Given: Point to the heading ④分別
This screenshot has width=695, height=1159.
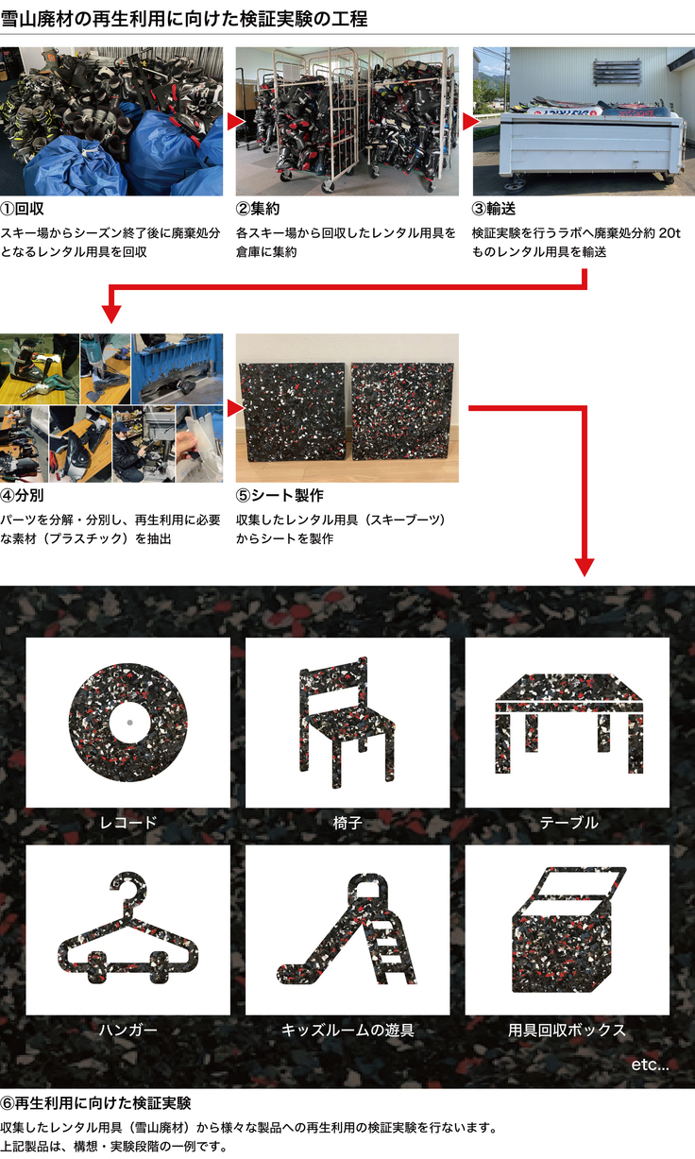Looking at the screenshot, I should coord(24,495).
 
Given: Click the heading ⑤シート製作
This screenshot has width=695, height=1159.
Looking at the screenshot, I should coord(280,495).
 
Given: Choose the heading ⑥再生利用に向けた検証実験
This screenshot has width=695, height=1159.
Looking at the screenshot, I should coord(95,1103).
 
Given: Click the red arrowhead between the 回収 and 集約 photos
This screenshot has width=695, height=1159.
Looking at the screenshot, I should coord(232,122).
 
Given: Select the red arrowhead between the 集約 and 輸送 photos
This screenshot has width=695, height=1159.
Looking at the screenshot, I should coord(468,122).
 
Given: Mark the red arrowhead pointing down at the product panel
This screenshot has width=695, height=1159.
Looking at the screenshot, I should coord(585,566).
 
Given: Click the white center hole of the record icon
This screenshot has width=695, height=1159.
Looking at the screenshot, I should coord(127,723).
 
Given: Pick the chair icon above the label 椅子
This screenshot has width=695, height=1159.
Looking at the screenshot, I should coord(347,722).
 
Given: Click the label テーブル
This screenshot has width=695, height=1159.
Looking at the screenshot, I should coord(568,823).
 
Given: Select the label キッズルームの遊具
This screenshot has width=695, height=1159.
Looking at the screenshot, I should coord(347,1030).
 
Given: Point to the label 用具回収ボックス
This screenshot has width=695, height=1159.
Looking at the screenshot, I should coord(567,1030).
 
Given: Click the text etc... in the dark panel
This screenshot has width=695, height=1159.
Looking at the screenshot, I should coord(650,1065).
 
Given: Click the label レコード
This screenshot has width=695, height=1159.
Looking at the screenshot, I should coord(127,823).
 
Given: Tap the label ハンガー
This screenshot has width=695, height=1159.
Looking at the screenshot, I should coord(127,1030).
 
